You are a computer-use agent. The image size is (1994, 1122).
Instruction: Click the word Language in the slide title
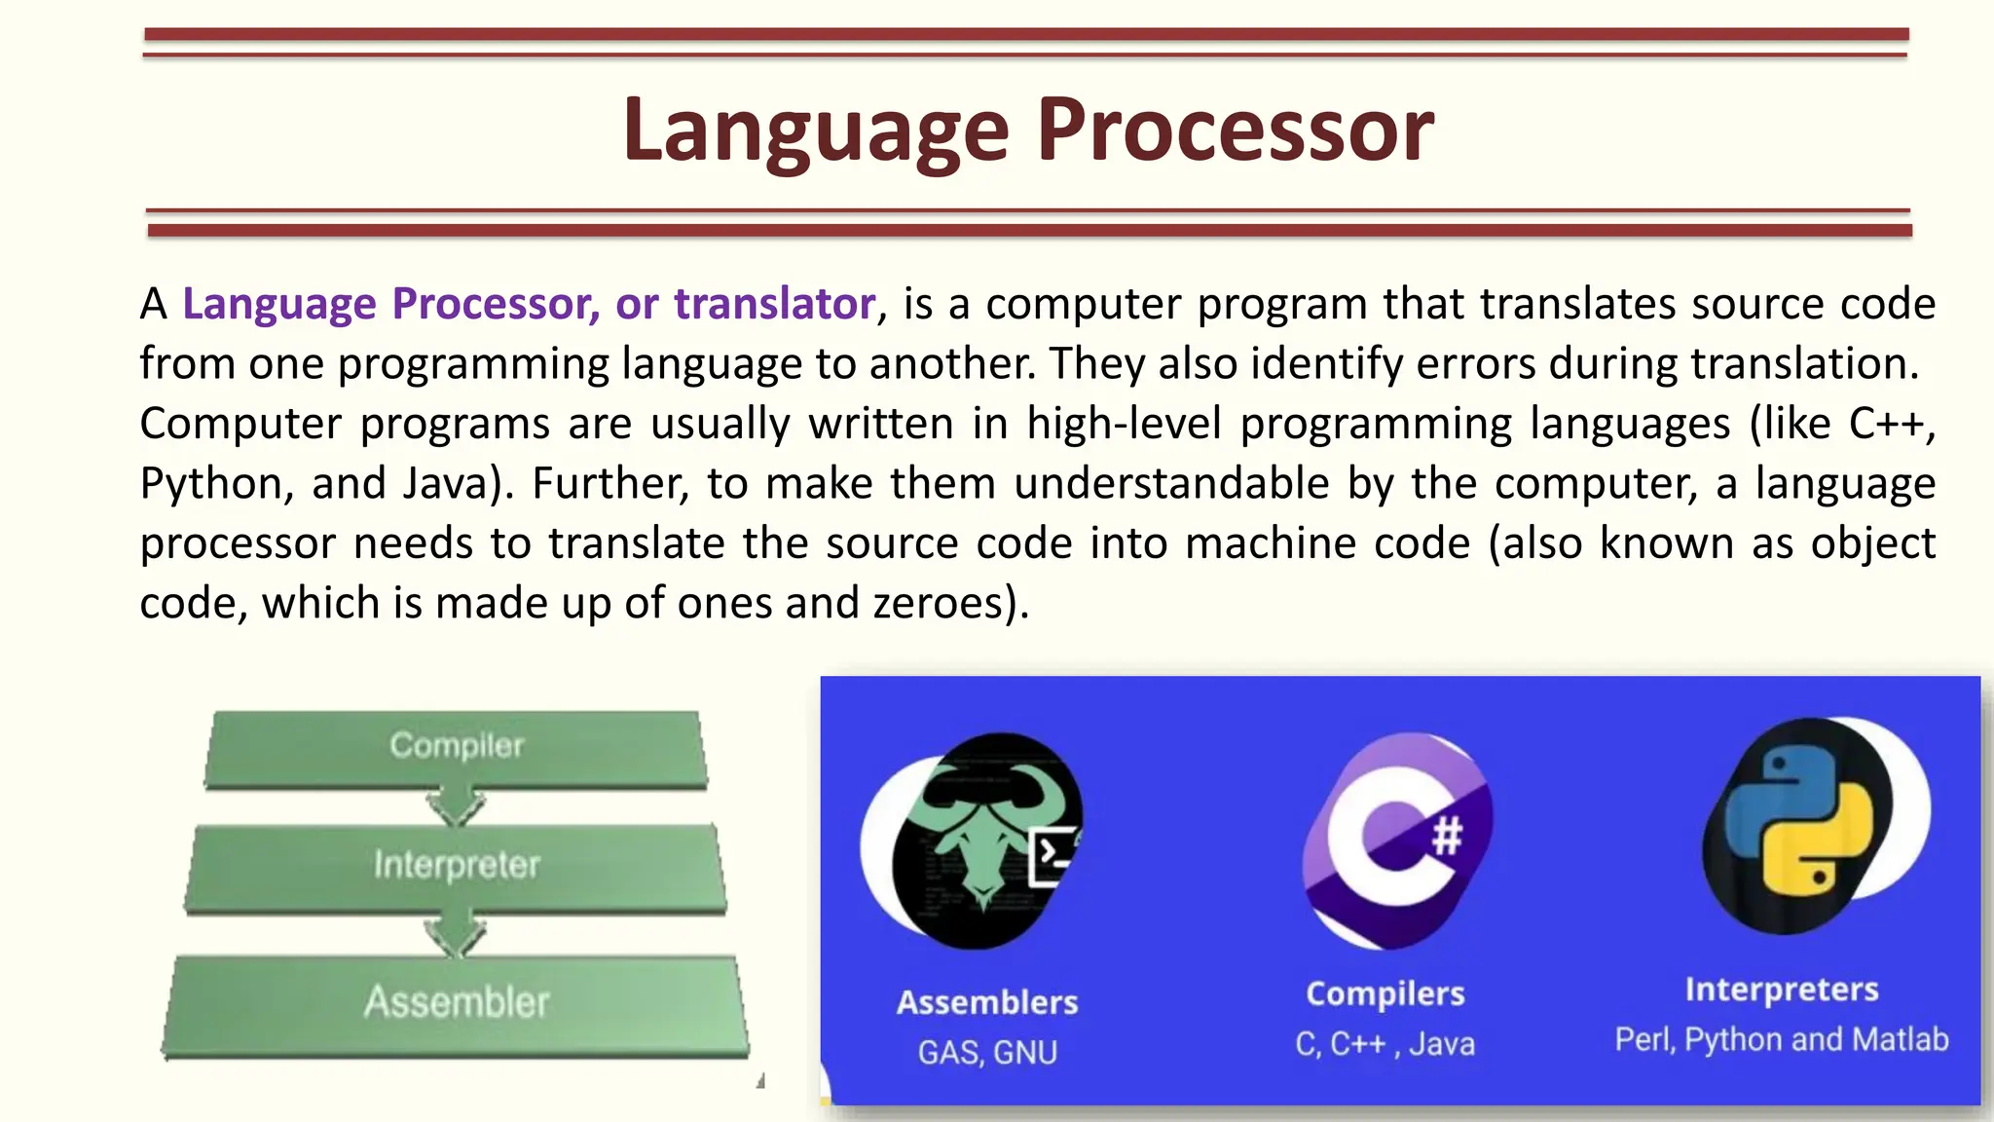(816, 131)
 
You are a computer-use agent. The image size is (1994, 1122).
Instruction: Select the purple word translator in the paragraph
(774, 304)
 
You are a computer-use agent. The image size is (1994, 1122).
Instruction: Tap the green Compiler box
(456, 747)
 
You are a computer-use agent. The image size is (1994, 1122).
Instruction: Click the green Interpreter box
(456, 866)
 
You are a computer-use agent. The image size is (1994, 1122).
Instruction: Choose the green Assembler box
(456, 1003)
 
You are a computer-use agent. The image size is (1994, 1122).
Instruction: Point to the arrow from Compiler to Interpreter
(456, 806)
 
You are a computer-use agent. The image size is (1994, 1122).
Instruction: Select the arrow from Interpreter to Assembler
(456, 935)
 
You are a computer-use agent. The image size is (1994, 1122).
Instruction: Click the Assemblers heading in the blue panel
(987, 1003)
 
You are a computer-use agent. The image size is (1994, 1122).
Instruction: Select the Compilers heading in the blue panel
(1385, 994)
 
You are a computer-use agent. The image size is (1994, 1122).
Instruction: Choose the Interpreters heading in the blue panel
(1782, 991)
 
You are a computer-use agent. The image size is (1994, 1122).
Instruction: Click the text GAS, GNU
(987, 1053)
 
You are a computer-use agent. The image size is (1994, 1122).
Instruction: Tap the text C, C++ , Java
(1385, 1045)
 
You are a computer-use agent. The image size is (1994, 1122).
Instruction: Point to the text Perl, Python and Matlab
(1782, 1040)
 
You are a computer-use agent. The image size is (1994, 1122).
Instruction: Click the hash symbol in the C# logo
(1447, 836)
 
